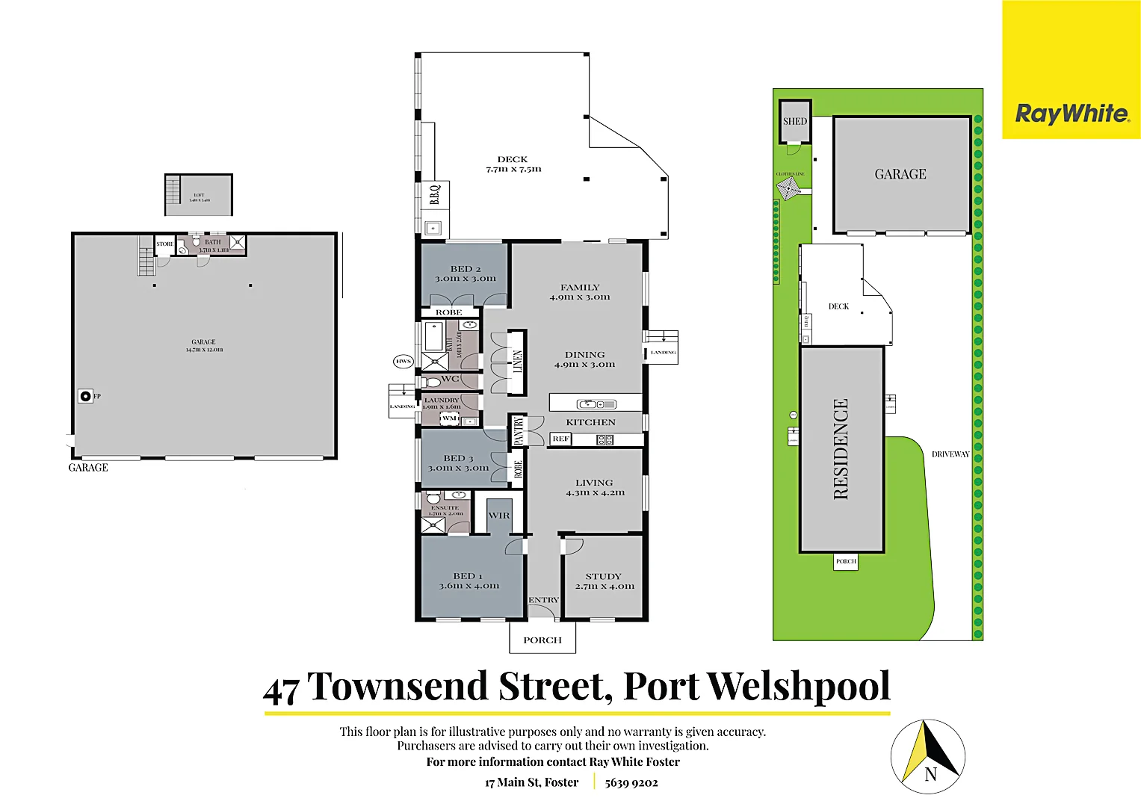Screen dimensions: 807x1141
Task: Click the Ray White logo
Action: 1071,114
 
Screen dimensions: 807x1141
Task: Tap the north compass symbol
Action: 928,756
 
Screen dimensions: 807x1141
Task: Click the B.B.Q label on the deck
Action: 434,195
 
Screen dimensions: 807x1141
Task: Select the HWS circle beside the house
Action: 403,362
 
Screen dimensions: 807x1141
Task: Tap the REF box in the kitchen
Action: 560,439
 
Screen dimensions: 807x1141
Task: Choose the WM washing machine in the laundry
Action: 449,418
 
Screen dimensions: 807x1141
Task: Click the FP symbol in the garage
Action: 86,397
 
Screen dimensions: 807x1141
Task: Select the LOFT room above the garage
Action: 199,196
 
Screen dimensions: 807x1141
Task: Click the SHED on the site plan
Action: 795,121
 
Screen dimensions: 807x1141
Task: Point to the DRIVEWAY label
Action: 950,454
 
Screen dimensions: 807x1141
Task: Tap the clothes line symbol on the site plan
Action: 790,189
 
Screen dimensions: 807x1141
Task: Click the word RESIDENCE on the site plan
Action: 841,449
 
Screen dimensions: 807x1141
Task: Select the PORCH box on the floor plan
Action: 542,640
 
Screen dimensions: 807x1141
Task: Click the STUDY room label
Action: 603,576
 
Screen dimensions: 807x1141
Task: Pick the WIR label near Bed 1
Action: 498,516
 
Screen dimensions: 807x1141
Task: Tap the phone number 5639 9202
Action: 631,783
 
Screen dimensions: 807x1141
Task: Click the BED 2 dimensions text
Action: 466,279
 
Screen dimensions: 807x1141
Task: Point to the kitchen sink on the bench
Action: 590,404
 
